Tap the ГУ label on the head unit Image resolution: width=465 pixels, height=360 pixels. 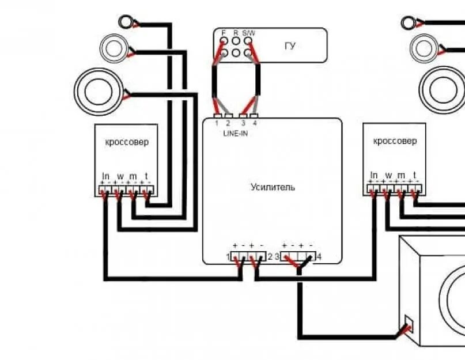[290, 46]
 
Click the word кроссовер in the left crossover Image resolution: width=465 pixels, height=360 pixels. [126, 142]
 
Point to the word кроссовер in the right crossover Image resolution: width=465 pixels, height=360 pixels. [395, 141]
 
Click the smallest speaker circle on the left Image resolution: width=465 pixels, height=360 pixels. [126, 22]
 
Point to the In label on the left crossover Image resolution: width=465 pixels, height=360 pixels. [106, 176]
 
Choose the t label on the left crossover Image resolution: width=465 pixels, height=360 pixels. [146, 176]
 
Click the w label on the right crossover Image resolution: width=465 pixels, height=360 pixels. [388, 175]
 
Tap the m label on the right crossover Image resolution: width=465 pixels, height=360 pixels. [401, 175]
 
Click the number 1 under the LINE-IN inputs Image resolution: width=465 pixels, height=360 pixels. [217, 123]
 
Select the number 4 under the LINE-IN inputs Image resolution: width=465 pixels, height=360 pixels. [254, 123]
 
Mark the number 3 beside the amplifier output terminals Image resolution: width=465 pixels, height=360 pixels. [277, 256]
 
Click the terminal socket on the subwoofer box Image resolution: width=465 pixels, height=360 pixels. [409, 324]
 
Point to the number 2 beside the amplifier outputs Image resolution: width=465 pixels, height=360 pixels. [270, 256]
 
